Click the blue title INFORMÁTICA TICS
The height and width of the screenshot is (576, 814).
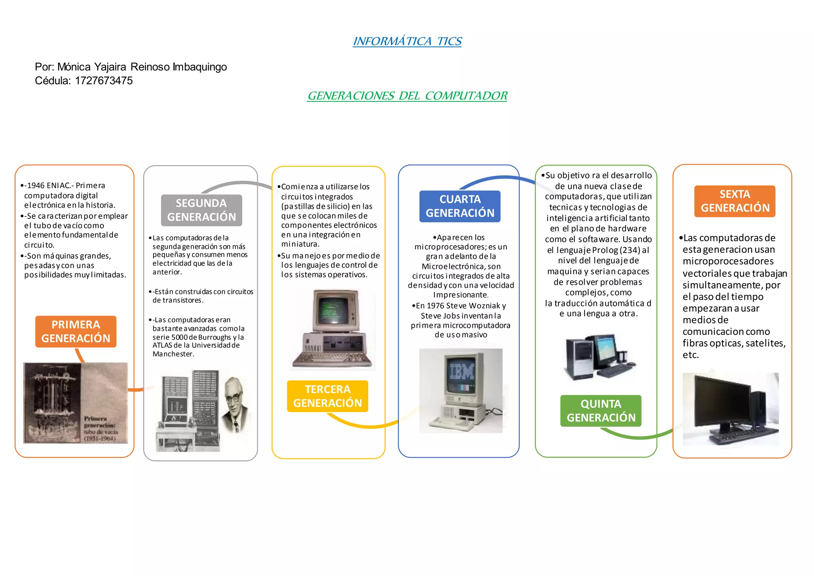(407, 41)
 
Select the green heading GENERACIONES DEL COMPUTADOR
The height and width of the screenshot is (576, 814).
(407, 96)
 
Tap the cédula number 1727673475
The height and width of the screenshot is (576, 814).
(104, 81)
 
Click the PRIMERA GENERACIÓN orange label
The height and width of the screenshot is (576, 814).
(76, 331)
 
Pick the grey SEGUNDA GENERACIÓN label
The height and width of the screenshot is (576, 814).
(202, 210)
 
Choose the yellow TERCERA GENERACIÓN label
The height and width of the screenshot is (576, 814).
(328, 396)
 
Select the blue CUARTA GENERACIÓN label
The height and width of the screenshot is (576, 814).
(460, 206)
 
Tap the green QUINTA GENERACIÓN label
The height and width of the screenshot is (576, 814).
(601, 411)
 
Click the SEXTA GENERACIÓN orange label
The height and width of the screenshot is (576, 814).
(735, 201)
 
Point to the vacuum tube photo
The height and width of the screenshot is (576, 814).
(76, 403)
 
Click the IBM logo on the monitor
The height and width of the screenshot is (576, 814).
(461, 372)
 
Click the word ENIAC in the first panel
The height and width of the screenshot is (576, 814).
(58, 185)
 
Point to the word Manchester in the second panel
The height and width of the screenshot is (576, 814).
(173, 354)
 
